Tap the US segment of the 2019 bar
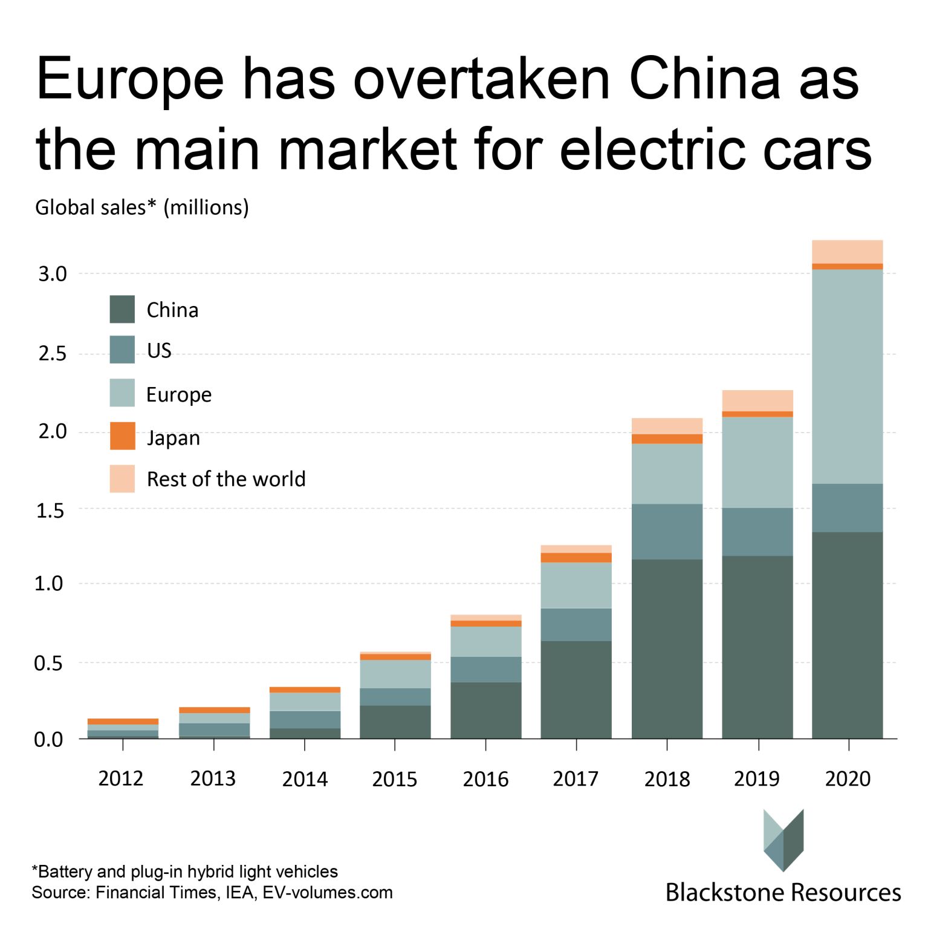coord(757,532)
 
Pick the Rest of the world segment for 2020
coord(847,252)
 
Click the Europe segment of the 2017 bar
coord(576,585)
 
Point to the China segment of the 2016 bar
coord(485,710)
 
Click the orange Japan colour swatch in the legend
coord(122,436)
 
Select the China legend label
coord(172,310)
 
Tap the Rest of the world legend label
coord(226,479)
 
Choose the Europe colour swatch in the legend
coord(122,393)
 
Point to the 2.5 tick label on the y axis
coord(52,354)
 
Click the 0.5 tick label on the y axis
coord(48,663)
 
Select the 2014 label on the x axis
coord(304,778)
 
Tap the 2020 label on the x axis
coord(847,778)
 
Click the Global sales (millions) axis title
coord(142,207)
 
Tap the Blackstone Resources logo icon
coord(783,839)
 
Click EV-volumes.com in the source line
coord(327,893)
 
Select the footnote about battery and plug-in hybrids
coord(184,872)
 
